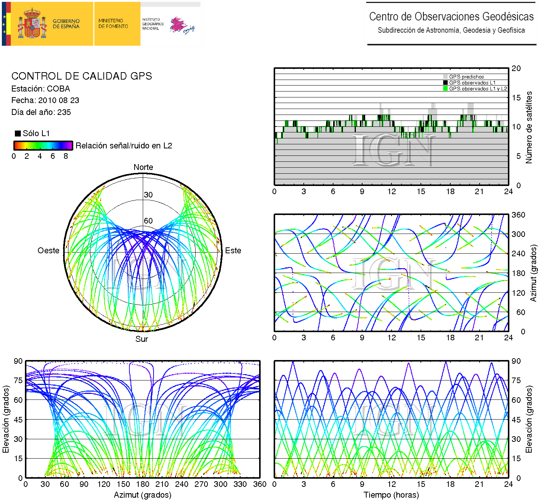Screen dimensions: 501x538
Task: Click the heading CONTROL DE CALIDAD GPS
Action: click(x=82, y=76)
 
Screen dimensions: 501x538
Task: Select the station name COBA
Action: click(x=58, y=89)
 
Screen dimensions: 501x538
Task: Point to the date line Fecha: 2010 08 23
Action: click(x=45, y=100)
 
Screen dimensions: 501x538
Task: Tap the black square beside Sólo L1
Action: click(x=17, y=134)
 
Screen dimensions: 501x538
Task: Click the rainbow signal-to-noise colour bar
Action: click(x=43, y=145)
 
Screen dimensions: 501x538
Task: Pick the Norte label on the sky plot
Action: click(x=143, y=167)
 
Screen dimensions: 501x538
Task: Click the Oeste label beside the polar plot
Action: click(x=48, y=251)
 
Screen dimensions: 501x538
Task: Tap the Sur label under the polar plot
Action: click(x=142, y=339)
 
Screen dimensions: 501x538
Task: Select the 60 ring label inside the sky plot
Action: click(x=148, y=221)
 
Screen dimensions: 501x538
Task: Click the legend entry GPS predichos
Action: click(x=466, y=77)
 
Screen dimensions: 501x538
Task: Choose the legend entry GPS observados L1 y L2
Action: click(x=478, y=89)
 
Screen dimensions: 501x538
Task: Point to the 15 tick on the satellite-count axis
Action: click(x=516, y=98)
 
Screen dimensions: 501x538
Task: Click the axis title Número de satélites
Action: click(x=529, y=127)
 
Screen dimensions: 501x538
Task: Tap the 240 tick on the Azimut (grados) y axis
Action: click(x=518, y=254)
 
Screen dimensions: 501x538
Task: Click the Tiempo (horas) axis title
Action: click(x=391, y=495)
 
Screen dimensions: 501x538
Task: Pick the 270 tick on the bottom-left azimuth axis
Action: click(x=201, y=484)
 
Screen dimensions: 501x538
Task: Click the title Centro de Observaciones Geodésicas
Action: click(x=451, y=17)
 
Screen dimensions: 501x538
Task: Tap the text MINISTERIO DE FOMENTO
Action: click(x=113, y=23)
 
